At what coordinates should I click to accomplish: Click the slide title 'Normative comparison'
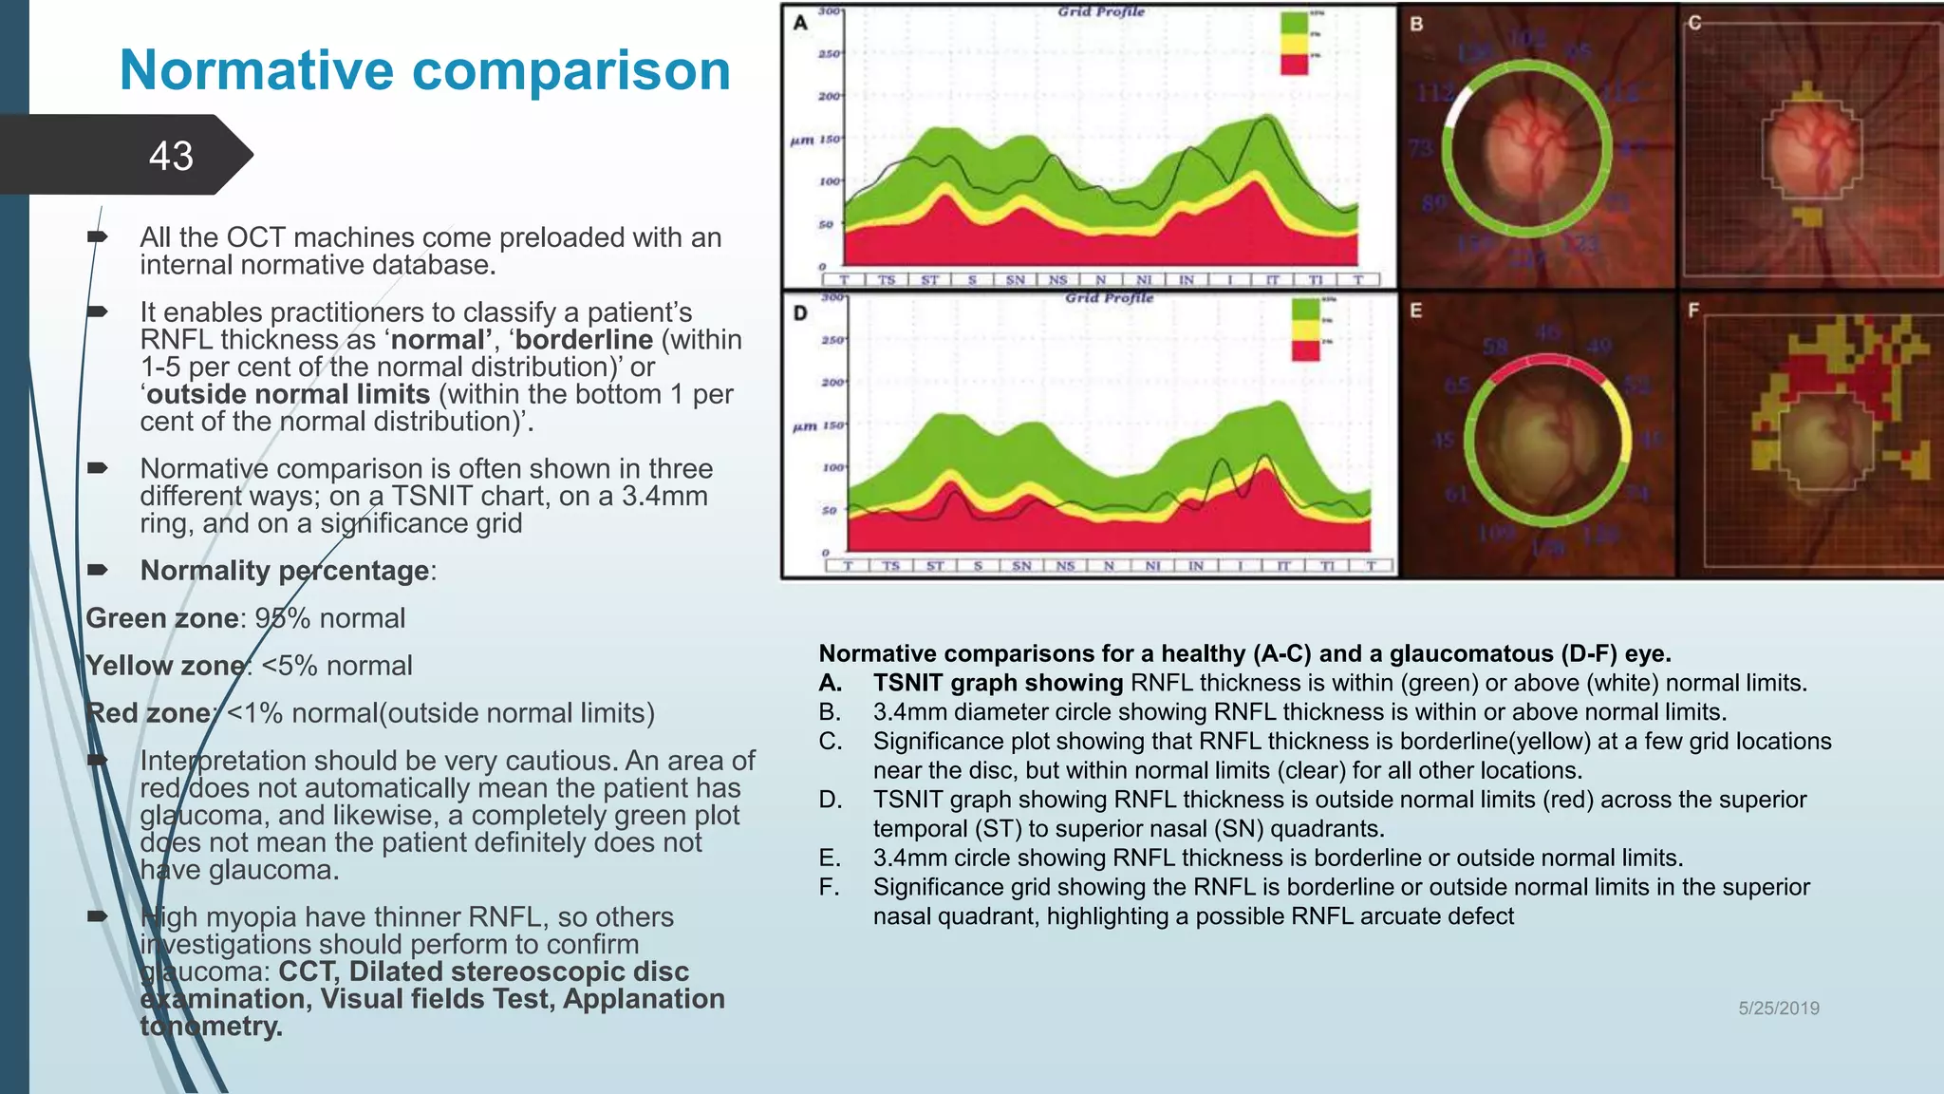(x=424, y=70)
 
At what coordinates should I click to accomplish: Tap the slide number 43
(x=171, y=156)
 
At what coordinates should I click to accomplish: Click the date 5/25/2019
(x=1778, y=1009)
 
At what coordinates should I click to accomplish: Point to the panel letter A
(x=800, y=23)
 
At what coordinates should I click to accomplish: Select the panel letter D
(x=800, y=312)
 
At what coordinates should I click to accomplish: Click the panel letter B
(x=1416, y=24)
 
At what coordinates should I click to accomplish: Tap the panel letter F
(x=1693, y=311)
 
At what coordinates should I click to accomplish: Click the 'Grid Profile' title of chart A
(x=1101, y=12)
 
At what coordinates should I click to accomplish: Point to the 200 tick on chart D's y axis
(x=832, y=382)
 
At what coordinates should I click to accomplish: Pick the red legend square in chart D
(x=1305, y=350)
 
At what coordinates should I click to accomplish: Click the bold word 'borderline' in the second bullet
(x=584, y=340)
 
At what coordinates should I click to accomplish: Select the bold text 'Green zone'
(x=161, y=618)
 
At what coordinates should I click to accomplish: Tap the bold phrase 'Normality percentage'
(x=285, y=571)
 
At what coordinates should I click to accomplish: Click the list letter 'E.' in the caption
(x=830, y=858)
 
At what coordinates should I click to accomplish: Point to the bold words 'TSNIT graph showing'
(x=998, y=683)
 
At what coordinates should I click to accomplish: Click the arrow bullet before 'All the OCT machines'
(x=98, y=236)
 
